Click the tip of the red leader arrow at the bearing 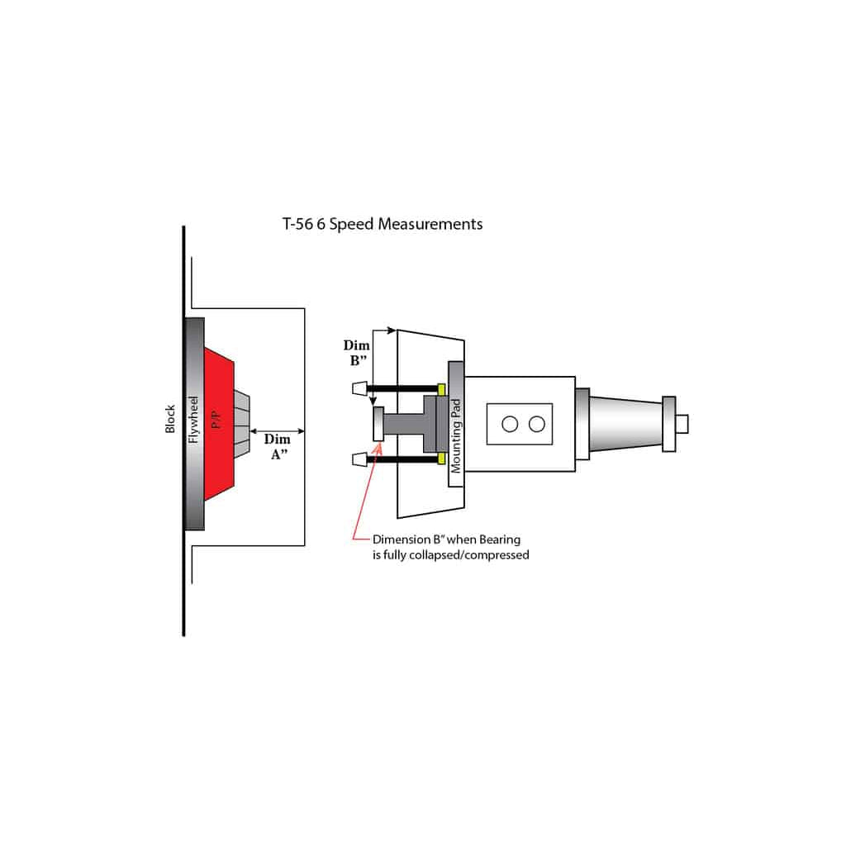[380, 444]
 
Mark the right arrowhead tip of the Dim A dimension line [305, 431]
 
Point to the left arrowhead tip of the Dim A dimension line [250, 431]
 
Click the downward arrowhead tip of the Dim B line [373, 405]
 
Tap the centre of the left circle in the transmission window [510, 424]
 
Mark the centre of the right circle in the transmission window [537, 424]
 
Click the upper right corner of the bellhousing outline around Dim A [305, 309]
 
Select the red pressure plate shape [219, 424]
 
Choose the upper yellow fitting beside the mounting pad [441, 389]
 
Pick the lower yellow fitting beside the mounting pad [441, 459]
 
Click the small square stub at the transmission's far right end [682, 424]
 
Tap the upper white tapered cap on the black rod [360, 388]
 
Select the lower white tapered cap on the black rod [360, 459]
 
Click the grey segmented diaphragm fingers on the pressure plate [242, 424]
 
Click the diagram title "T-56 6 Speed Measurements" [383, 224]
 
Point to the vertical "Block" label [170, 419]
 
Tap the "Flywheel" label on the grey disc [193, 420]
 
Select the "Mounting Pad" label [456, 436]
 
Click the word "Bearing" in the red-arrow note [500, 539]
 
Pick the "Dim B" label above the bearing [357, 353]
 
